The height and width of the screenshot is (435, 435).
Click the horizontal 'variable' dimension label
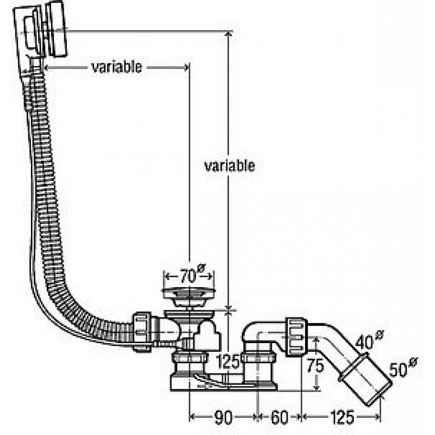coord(116,67)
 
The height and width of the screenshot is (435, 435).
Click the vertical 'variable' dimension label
coord(229,166)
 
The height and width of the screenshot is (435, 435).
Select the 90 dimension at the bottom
coord(223,417)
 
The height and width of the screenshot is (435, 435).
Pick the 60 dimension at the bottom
coord(279,417)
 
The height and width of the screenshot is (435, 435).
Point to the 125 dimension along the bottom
coord(342,417)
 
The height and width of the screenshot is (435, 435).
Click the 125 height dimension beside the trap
coord(227,362)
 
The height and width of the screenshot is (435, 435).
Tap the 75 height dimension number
coord(315,365)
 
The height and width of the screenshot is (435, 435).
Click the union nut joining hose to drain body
coord(142,332)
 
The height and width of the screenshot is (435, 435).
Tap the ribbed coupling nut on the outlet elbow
coord(296,337)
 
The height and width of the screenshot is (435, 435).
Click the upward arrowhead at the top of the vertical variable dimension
coord(228,34)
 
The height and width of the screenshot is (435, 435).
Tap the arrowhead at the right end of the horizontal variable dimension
coord(186,67)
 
